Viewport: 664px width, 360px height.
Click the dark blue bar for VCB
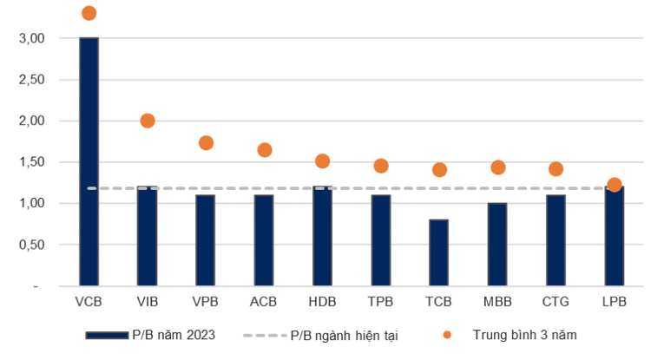pyautogui.click(x=89, y=161)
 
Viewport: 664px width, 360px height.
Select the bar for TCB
pyautogui.click(x=439, y=252)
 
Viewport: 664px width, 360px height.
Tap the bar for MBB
pyautogui.click(x=497, y=244)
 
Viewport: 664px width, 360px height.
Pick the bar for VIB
pyautogui.click(x=148, y=236)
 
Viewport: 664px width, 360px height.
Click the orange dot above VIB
pyautogui.click(x=148, y=121)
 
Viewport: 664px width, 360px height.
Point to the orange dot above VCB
pyautogui.click(x=89, y=13)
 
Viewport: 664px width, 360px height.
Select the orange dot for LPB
pyautogui.click(x=615, y=185)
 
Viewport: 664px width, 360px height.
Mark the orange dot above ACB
pyautogui.click(x=265, y=150)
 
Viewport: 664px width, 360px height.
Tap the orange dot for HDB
pyautogui.click(x=323, y=161)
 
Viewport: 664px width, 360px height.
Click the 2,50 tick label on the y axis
pyautogui.click(x=31, y=80)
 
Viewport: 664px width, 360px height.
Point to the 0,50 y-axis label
pyautogui.click(x=31, y=245)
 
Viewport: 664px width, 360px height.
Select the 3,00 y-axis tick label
pyautogui.click(x=31, y=38)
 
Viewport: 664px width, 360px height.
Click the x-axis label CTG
pyautogui.click(x=556, y=303)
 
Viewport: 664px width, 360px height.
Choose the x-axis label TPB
pyautogui.click(x=381, y=303)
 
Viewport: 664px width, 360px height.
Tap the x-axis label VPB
pyautogui.click(x=206, y=303)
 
